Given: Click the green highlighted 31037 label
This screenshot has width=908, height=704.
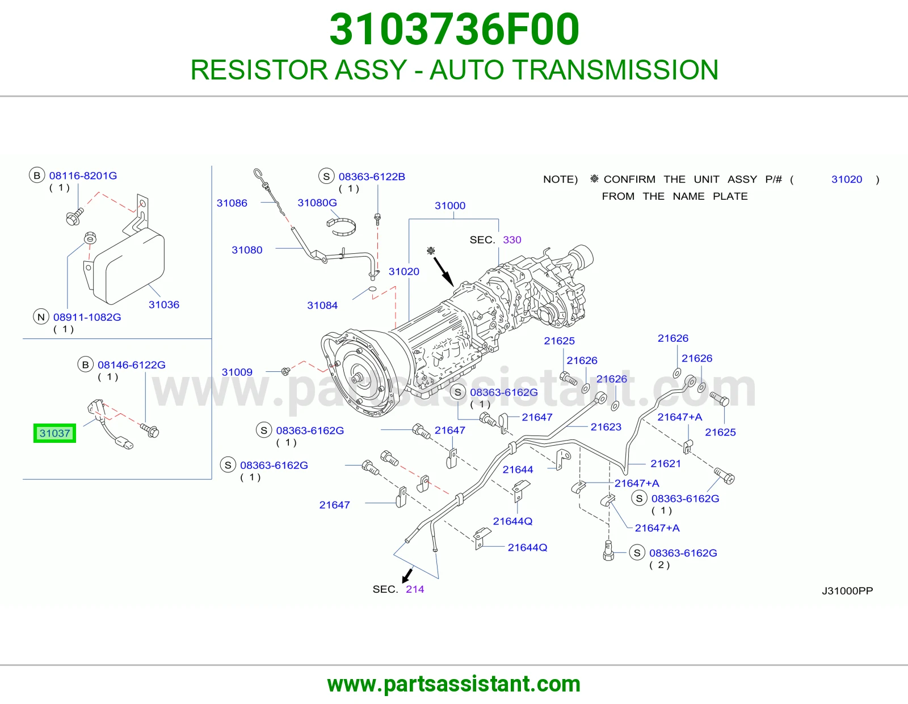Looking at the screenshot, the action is point(54,433).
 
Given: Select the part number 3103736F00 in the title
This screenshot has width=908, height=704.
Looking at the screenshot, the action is point(454,30).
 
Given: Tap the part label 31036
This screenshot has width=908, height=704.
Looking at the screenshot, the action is point(164,305).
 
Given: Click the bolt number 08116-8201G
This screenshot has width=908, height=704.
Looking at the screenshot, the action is point(83,175).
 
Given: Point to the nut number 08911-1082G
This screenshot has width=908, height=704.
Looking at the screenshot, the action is point(87,317).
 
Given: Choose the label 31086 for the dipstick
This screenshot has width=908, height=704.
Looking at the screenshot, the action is point(232,203).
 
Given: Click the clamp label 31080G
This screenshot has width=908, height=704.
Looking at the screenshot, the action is point(317,203).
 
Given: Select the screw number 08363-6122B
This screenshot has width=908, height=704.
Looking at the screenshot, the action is point(372,177).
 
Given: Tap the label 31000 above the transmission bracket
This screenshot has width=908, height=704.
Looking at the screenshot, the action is point(450,206).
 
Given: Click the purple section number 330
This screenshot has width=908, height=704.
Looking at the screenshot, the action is point(512,240).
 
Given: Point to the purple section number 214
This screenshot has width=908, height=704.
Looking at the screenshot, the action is point(415,589).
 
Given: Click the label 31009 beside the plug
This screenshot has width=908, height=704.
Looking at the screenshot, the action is point(237,372).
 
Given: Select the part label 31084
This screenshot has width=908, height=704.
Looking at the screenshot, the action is point(322,305).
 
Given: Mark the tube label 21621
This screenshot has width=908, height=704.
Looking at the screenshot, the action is point(666,464).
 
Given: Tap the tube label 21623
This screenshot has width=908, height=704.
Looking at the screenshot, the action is point(606,427).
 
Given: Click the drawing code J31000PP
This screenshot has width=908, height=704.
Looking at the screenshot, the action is point(847,591).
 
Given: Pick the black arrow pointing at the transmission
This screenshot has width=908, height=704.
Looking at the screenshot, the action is point(444,271).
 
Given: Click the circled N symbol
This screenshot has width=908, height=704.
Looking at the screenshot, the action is point(41,317).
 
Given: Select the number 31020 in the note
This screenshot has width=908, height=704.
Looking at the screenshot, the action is point(847,179).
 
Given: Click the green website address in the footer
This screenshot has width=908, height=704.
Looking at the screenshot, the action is point(454,684).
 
